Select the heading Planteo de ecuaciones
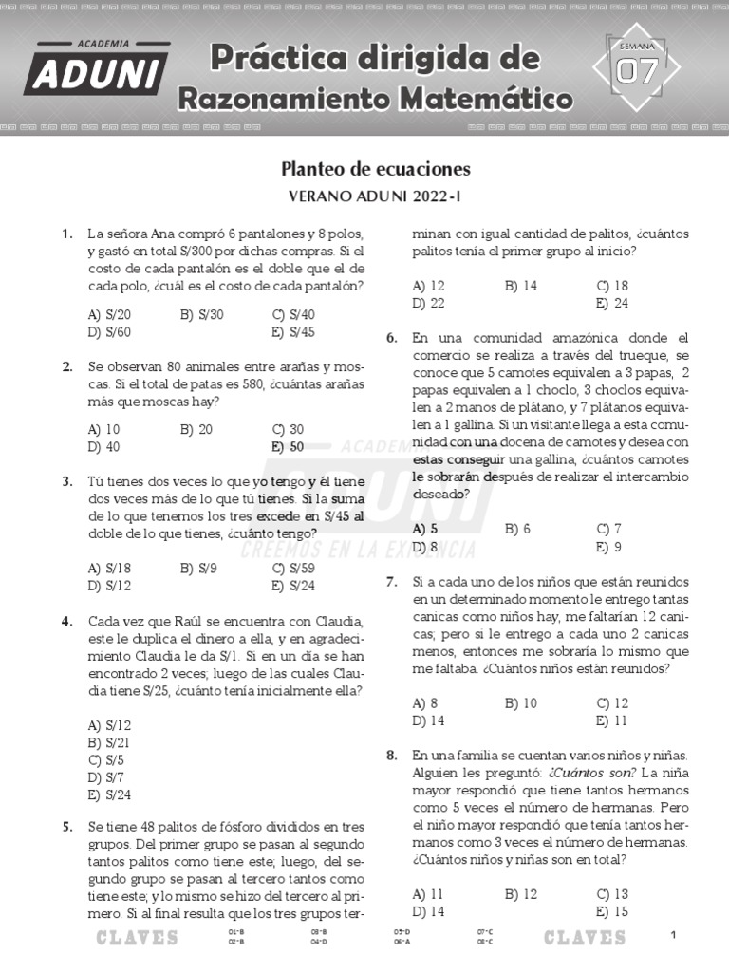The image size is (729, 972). tap(376, 169)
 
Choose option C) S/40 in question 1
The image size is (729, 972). tap(293, 314)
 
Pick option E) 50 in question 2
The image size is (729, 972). tap(288, 446)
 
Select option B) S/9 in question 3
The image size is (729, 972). tap(198, 569)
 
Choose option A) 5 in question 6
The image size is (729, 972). tap(424, 529)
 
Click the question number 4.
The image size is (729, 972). tap(67, 621)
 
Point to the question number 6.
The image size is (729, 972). tap(391, 338)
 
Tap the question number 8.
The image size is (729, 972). tap(391, 756)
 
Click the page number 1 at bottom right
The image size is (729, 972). tap(673, 936)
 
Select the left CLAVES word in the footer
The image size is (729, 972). tap(137, 938)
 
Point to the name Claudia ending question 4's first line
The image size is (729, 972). tap(337, 621)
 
